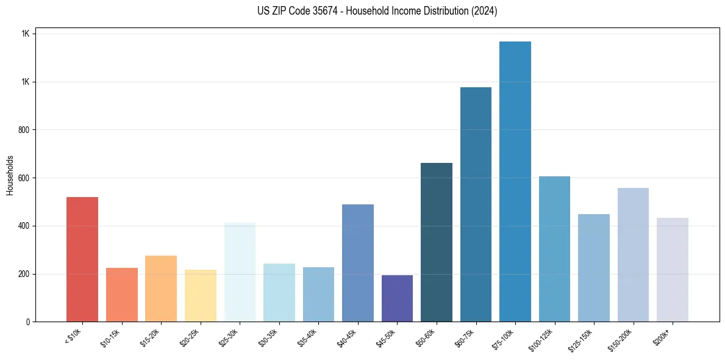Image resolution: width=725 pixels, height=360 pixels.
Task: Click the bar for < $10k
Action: (x=82, y=259)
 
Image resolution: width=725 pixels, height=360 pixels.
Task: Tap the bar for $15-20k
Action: (x=161, y=289)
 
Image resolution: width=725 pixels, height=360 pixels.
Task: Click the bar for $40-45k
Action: (x=357, y=263)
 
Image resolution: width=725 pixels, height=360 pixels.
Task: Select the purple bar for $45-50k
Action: (x=397, y=298)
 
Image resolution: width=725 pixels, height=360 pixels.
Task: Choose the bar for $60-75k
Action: (x=476, y=204)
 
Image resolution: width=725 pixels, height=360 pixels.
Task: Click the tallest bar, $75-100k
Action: (x=515, y=182)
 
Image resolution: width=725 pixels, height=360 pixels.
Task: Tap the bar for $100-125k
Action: (x=554, y=249)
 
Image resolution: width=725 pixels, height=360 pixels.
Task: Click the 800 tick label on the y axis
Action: (x=23, y=130)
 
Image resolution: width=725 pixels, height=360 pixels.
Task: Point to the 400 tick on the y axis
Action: (x=23, y=226)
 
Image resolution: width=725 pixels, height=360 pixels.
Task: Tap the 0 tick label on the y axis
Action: (x=27, y=322)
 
